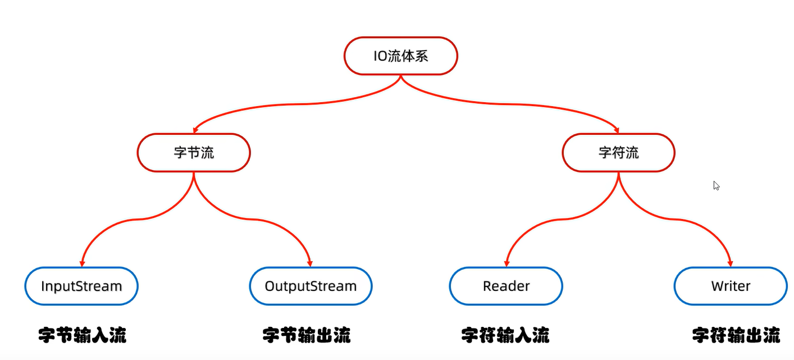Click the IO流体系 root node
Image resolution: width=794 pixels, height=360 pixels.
pyautogui.click(x=400, y=56)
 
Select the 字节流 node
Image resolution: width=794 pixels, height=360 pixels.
pyautogui.click(x=194, y=153)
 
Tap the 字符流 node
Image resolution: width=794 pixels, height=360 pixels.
pyautogui.click(x=618, y=153)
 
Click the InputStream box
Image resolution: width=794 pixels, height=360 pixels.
pyautogui.click(x=81, y=286)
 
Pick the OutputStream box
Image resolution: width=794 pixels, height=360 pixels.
pyautogui.click(x=311, y=286)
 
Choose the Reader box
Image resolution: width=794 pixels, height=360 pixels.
pyautogui.click(x=506, y=286)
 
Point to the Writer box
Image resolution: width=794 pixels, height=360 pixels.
pyautogui.click(x=731, y=286)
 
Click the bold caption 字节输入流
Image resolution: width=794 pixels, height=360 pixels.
pyautogui.click(x=83, y=335)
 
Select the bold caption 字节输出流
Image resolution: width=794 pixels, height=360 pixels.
pyautogui.click(x=307, y=335)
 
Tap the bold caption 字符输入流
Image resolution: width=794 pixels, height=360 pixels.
pyautogui.click(x=505, y=335)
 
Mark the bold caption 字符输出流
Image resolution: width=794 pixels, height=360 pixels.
pyautogui.click(x=736, y=335)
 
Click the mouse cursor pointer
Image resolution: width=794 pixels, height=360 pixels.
pyautogui.click(x=716, y=185)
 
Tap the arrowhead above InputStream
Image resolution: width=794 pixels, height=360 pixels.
pyautogui.click(x=82, y=263)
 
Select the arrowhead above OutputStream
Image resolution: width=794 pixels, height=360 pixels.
pyautogui.click(x=310, y=263)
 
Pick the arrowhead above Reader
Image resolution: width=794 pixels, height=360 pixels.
pyautogui.click(x=506, y=263)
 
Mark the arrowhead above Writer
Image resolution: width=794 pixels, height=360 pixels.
pyautogui.click(x=731, y=263)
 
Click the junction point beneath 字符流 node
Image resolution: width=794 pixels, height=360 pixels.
pyautogui.click(x=618, y=173)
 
